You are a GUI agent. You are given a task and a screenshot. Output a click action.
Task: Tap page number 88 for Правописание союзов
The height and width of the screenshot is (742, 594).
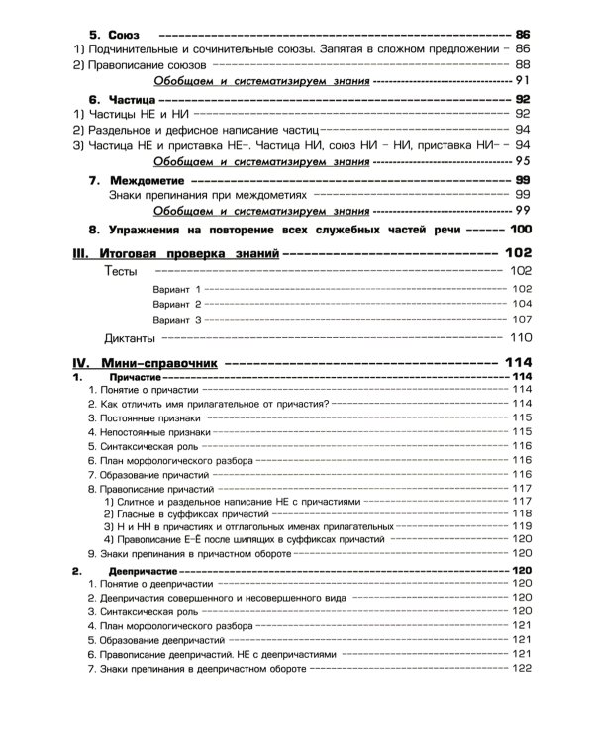[522, 63]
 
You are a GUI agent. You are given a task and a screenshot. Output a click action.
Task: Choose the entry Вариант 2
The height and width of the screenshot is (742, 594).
[177, 304]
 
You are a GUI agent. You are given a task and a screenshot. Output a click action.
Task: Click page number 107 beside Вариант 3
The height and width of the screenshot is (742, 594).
[522, 321]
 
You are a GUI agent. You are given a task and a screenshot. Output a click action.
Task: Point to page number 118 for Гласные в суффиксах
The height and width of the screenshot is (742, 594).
[523, 512]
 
